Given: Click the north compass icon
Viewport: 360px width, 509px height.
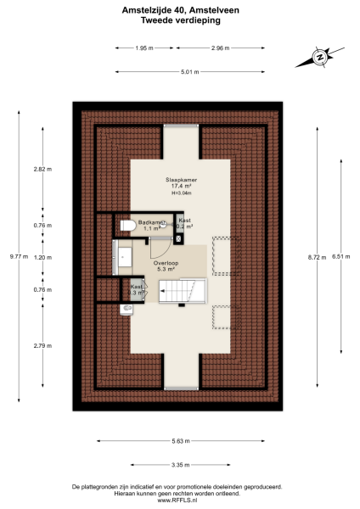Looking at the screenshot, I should (x=320, y=58).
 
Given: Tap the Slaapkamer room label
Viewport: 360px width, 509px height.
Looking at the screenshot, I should (x=181, y=180).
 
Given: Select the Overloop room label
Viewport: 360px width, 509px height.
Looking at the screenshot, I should (x=166, y=264).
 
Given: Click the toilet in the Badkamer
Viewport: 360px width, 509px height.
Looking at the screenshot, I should (x=127, y=226).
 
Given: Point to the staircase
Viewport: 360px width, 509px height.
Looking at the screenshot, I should (x=183, y=291).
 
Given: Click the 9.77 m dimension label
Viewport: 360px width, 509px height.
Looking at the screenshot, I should (x=18, y=256).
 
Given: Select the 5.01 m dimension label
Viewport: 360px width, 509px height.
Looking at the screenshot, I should (x=189, y=72).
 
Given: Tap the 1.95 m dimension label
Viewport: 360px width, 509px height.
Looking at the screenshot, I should (x=144, y=48).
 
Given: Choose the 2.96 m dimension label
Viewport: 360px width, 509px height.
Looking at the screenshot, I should (x=221, y=48).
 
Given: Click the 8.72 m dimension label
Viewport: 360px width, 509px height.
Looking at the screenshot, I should (x=316, y=256).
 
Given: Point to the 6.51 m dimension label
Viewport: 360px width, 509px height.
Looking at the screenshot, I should (x=340, y=256).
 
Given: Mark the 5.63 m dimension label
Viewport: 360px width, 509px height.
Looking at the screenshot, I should (x=181, y=441).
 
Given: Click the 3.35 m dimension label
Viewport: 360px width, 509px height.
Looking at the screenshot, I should (x=180, y=465).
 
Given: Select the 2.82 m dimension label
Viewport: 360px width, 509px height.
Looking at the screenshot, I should (x=42, y=169).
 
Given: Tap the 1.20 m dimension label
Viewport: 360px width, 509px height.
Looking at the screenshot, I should (x=42, y=256).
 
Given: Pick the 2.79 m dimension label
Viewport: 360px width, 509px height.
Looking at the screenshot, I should (x=42, y=345).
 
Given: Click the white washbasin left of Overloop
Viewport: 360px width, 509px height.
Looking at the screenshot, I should (x=125, y=256).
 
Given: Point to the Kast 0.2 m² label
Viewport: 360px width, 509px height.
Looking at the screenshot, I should (x=184, y=224).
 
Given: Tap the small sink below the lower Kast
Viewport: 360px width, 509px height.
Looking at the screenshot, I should (x=127, y=309).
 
